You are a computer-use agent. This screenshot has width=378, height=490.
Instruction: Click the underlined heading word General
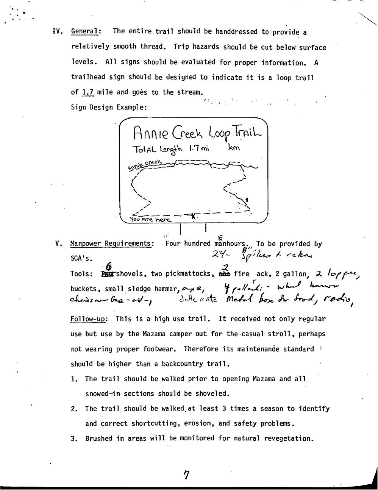86,31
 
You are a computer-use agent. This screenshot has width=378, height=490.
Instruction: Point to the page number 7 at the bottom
186,474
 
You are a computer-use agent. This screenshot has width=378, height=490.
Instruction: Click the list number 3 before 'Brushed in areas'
73,439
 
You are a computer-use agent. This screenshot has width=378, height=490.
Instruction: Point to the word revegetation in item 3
288,439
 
